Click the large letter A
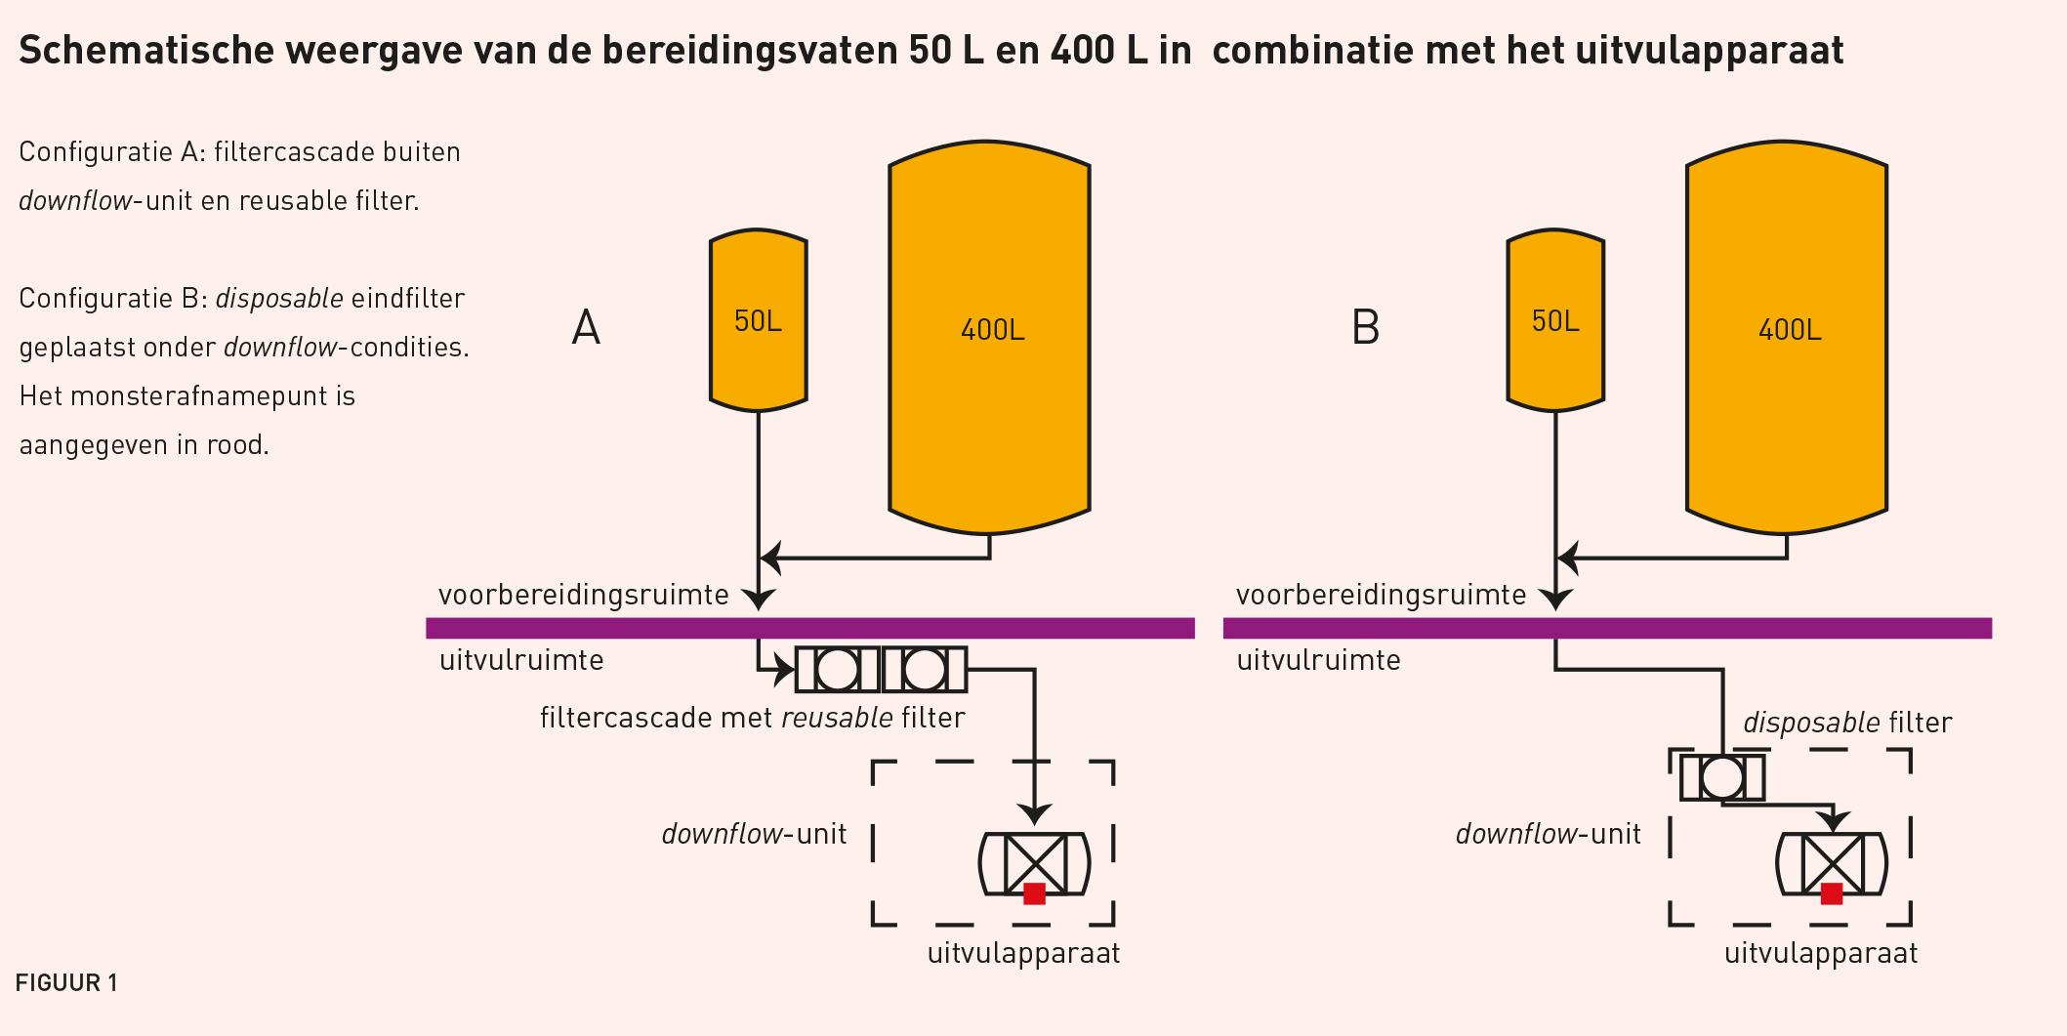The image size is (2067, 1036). pos(586,328)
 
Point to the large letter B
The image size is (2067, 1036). pos(1365,328)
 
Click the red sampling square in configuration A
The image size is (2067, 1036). pos(1034,893)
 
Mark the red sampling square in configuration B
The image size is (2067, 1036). pos(1832,893)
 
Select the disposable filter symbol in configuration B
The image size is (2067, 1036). pos(1721,778)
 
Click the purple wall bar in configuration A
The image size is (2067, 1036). pos(810,628)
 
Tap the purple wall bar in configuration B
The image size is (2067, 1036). pos(1607,628)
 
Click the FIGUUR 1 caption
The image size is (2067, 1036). pos(66,982)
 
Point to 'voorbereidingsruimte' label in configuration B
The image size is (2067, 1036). pos(1381,595)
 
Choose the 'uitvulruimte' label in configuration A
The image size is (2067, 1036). pos(521,660)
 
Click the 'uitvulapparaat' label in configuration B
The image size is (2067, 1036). pos(1821,953)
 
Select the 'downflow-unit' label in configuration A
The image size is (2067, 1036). pos(754,834)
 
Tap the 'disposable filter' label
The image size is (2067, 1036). pos(1847,723)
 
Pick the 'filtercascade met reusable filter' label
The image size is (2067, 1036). pos(752,718)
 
